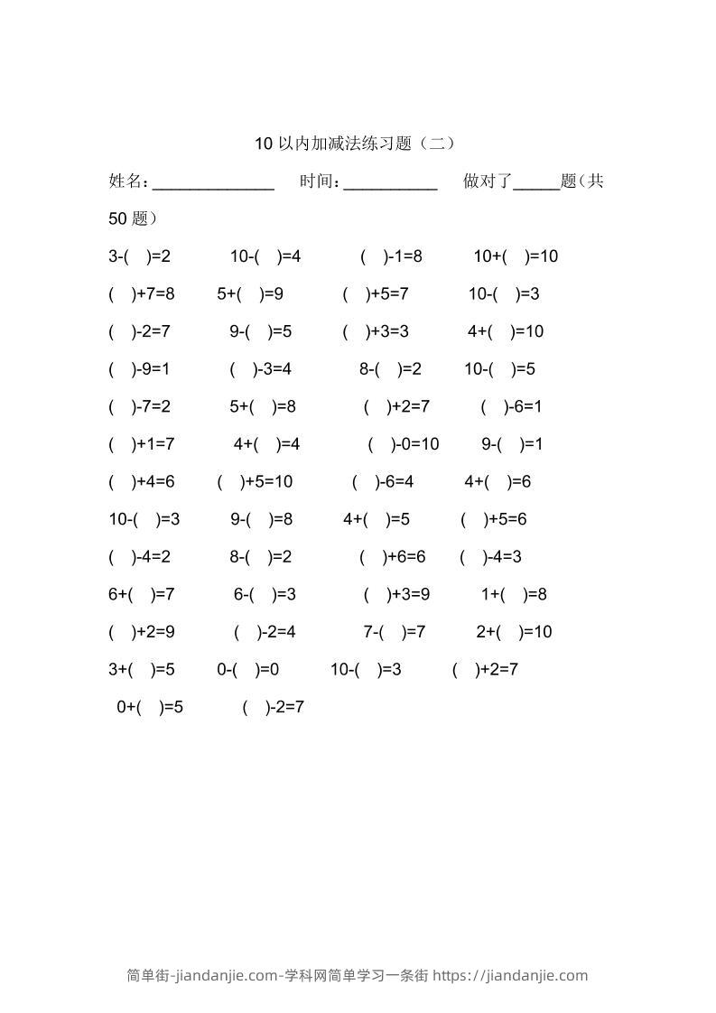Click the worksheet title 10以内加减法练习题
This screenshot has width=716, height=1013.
[355, 143]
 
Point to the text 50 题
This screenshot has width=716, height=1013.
[133, 218]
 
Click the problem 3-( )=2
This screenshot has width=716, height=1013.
[139, 256]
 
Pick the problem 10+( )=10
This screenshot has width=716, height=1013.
[516, 256]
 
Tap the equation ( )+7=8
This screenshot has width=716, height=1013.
[141, 294]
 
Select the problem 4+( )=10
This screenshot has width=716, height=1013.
[506, 331]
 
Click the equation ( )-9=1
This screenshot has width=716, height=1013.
[139, 369]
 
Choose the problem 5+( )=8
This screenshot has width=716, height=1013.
[263, 406]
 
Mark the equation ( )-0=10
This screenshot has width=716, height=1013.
[404, 444]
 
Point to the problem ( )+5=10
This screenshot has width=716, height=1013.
[256, 482]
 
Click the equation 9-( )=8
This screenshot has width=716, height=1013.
[261, 519]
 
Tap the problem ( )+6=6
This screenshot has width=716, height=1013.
[392, 557]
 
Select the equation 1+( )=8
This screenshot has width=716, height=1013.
[514, 594]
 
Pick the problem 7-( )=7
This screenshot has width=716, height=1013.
[395, 632]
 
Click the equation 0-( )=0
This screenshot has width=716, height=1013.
[247, 670]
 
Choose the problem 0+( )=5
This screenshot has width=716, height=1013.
[150, 707]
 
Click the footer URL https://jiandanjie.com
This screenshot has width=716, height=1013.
[510, 975]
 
